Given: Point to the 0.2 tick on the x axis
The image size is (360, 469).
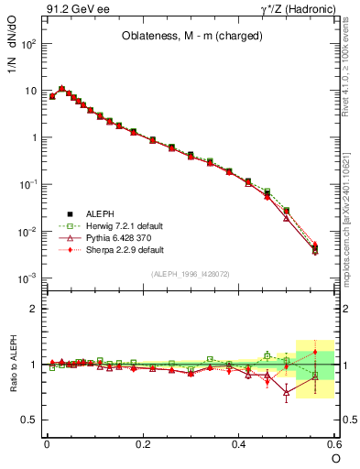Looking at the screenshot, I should click(x=143, y=444).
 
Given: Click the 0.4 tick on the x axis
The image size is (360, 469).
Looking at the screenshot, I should click(x=239, y=444).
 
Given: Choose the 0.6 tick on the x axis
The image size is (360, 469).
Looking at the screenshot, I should click(x=335, y=444).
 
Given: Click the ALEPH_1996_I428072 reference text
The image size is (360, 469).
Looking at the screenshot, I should click(x=191, y=274).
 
